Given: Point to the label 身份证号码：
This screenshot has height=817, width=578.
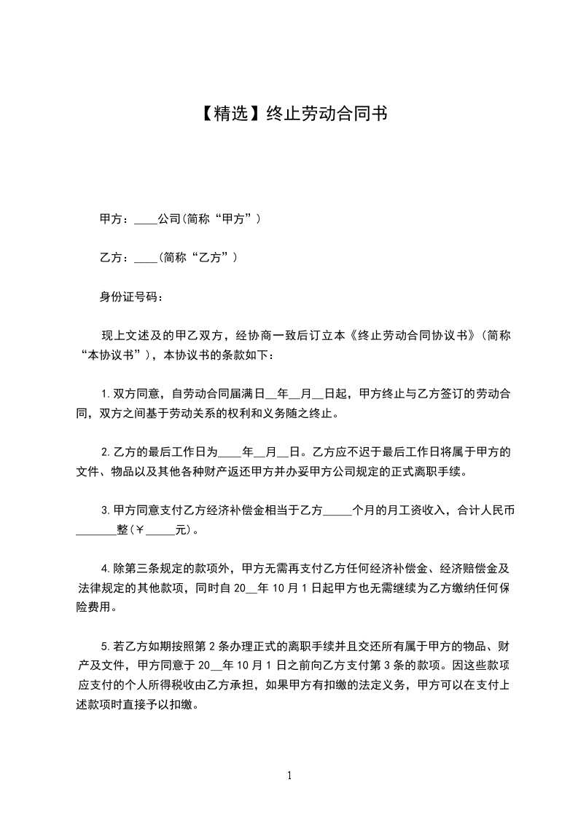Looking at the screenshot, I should tap(132, 297).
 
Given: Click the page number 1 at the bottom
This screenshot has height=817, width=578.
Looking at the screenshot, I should tap(289, 775).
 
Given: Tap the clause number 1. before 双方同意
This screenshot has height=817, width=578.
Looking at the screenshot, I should tap(105, 394).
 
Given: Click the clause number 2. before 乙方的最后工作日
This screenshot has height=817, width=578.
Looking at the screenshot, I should tap(105, 451).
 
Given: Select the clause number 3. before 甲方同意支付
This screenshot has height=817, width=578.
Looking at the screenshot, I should tap(105, 510).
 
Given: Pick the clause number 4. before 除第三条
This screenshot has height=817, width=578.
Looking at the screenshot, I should tap(105, 568).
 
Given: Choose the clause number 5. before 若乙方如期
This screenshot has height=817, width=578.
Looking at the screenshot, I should tap(105, 646).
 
